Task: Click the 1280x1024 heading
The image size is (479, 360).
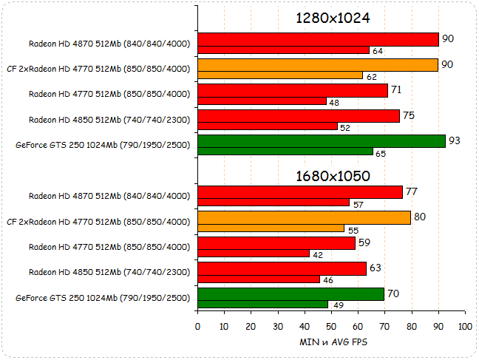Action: coord(332,18)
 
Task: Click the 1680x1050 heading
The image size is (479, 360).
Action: coord(332,176)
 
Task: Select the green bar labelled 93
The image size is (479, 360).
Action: coord(321,141)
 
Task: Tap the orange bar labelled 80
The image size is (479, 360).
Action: coord(304,217)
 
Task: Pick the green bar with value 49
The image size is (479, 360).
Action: coord(262,304)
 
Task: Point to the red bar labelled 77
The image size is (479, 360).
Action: coord(299,192)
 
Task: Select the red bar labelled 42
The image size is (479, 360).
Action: coord(253,254)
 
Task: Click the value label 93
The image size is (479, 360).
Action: coord(455,140)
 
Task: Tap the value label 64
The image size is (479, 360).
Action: coord(377,51)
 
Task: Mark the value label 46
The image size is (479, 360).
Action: coord(328,280)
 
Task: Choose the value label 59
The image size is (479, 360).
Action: coord(365,242)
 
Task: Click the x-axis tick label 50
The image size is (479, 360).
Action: coord(331,326)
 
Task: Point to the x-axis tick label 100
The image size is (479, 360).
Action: coord(464,326)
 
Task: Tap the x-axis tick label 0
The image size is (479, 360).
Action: coord(197,326)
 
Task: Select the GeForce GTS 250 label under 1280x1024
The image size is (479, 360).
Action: coord(102,145)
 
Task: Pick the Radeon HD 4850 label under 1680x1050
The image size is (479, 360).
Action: coord(109,272)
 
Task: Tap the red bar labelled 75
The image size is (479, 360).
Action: coord(299,116)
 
